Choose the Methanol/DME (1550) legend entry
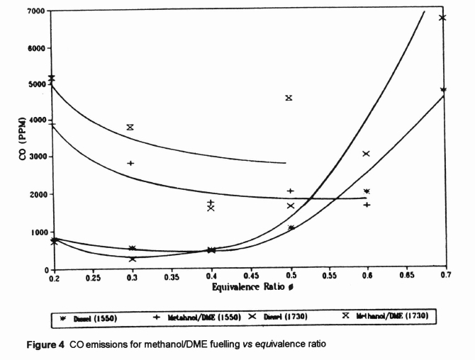click(x=187, y=317)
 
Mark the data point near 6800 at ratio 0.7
click(x=442, y=18)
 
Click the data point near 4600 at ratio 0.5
click(x=289, y=98)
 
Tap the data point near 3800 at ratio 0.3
click(x=130, y=128)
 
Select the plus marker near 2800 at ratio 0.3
click(x=130, y=164)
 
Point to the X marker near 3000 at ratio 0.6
click(x=367, y=154)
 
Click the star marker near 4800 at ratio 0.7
click(x=443, y=90)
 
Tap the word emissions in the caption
click(x=134, y=344)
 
